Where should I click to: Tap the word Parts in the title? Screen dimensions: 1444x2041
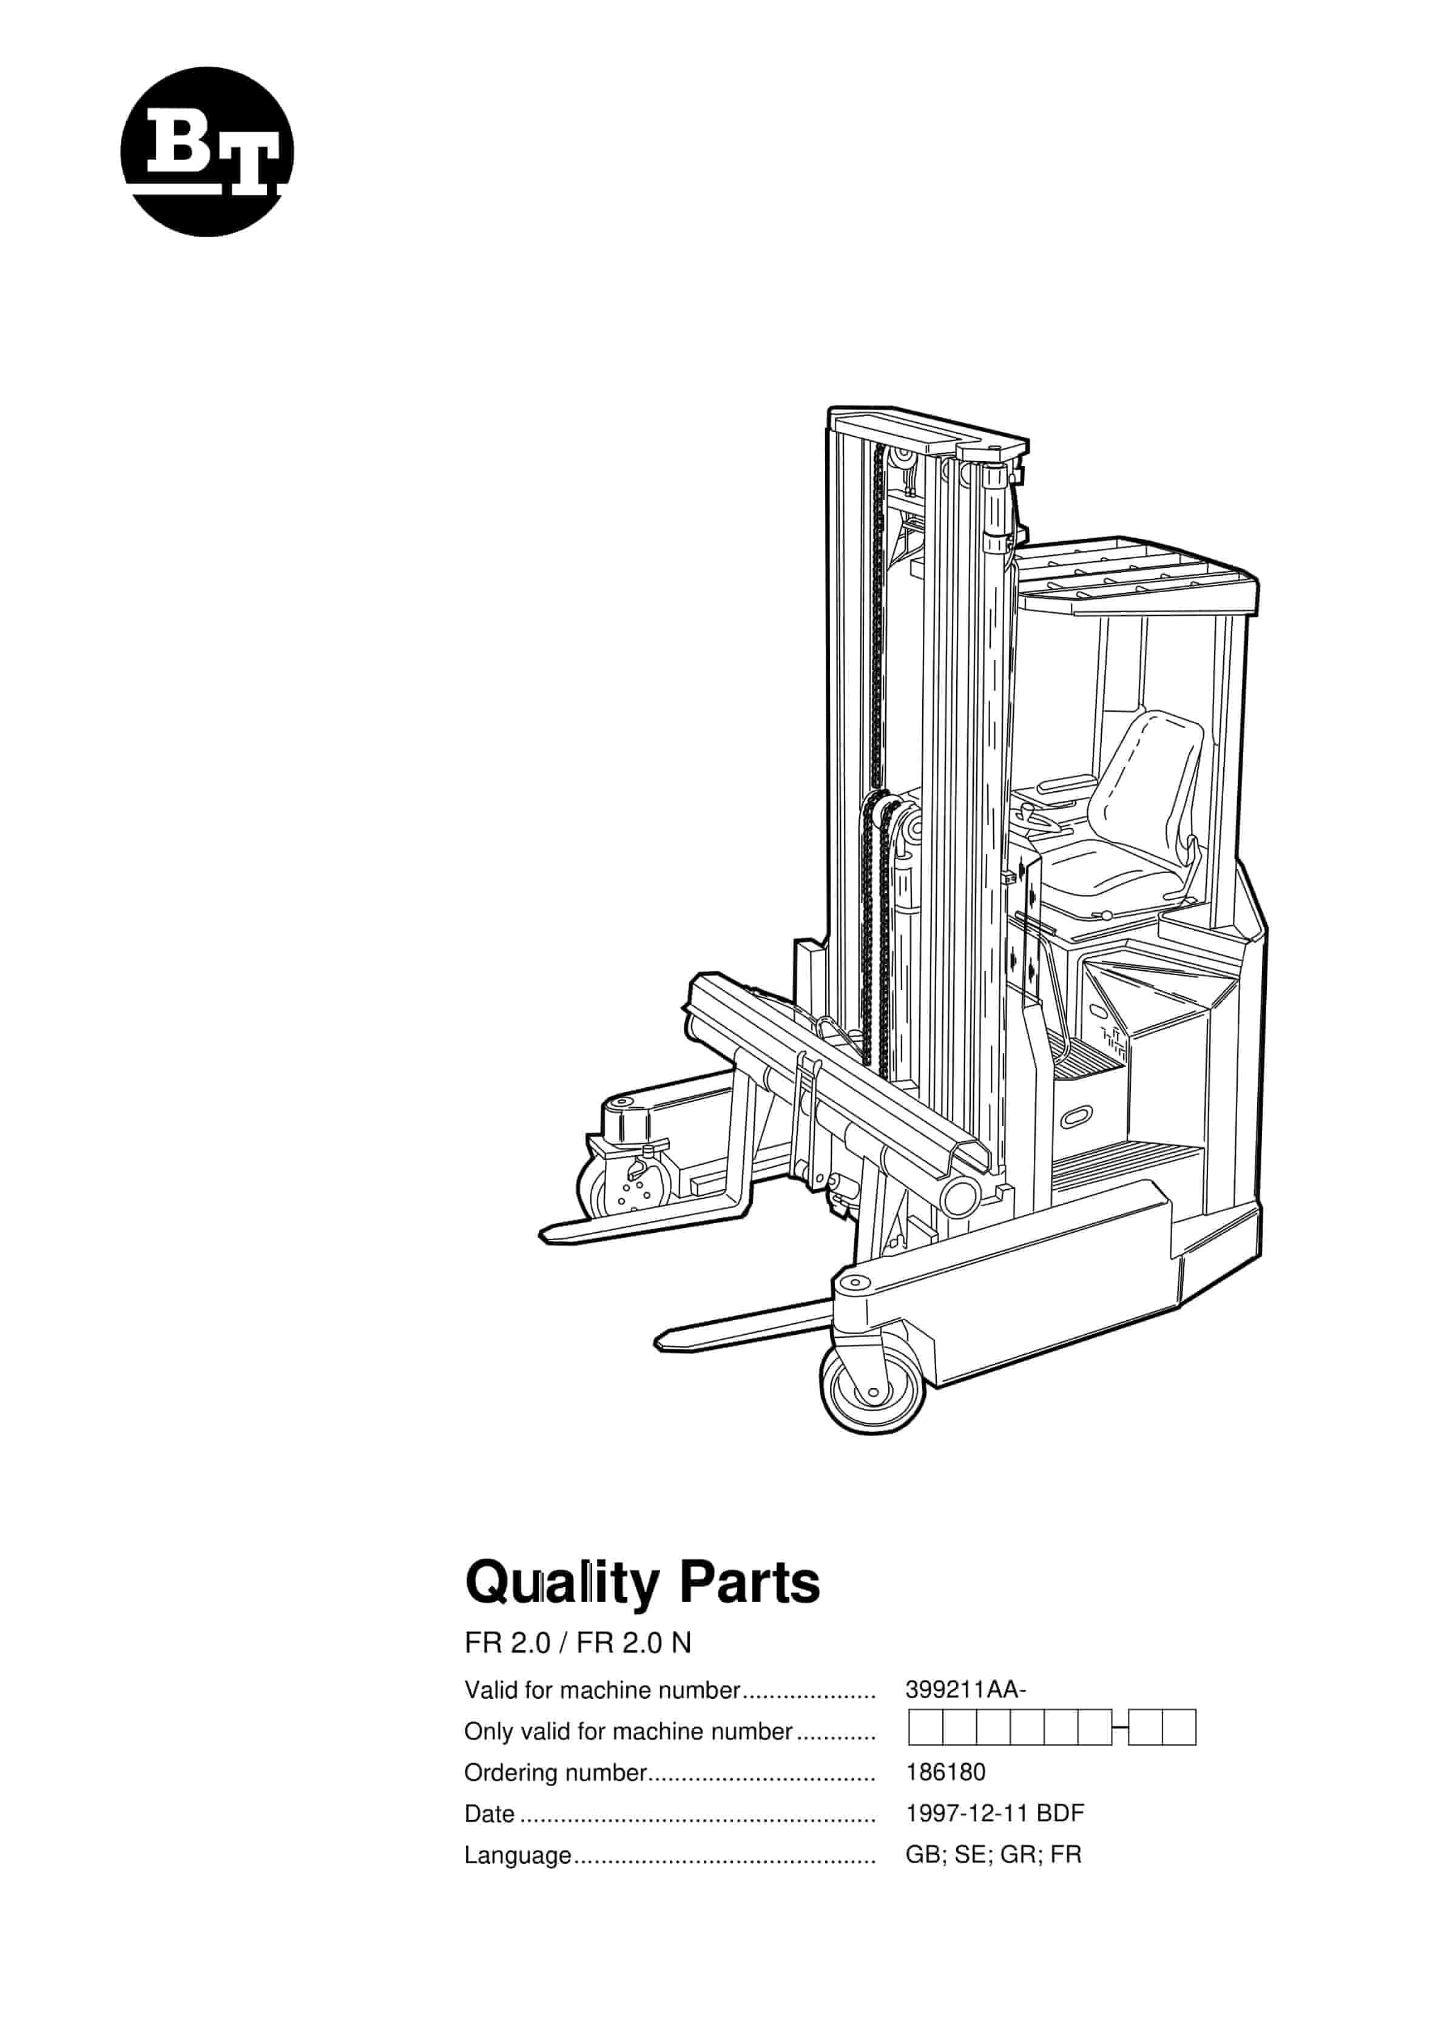pos(749,1582)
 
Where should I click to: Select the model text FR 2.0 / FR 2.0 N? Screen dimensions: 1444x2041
pos(577,1644)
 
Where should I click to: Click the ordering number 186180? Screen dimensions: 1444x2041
pos(945,1773)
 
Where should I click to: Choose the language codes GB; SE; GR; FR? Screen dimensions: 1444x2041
pos(993,1855)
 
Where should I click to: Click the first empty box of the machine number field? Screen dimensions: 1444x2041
pos(926,1728)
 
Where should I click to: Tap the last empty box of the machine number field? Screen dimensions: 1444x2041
pos(1179,1728)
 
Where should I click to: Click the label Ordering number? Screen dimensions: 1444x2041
pos(555,1773)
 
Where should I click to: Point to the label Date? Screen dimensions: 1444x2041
pos(489,1814)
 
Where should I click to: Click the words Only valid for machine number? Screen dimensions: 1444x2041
pos(628,1732)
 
